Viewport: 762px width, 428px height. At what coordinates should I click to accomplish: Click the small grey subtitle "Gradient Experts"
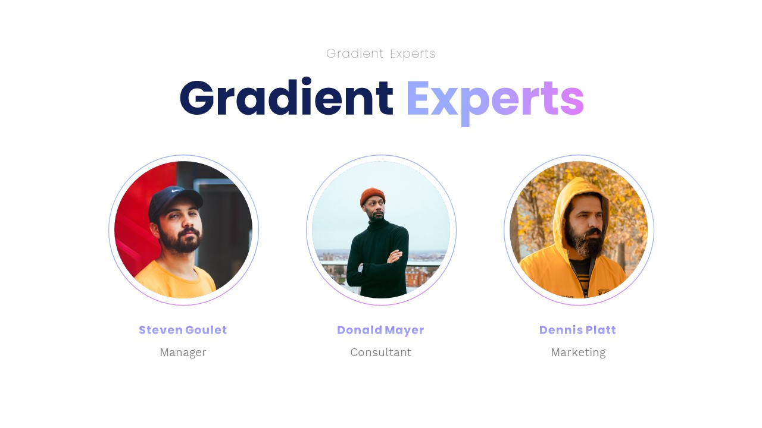click(x=381, y=53)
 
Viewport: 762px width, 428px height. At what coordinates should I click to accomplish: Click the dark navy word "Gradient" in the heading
click(x=286, y=98)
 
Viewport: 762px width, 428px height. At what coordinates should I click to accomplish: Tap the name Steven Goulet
click(x=183, y=330)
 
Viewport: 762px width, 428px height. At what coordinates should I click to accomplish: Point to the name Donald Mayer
click(x=380, y=330)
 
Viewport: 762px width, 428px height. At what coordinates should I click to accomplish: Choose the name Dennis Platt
click(x=577, y=330)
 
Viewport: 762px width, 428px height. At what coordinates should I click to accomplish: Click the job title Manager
click(x=183, y=352)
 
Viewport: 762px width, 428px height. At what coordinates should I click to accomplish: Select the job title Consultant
click(x=380, y=352)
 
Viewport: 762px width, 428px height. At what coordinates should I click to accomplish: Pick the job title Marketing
click(x=578, y=352)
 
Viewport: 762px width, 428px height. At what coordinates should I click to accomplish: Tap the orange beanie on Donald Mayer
click(x=373, y=196)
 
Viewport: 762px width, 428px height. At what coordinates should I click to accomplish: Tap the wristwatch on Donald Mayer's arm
click(x=361, y=268)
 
